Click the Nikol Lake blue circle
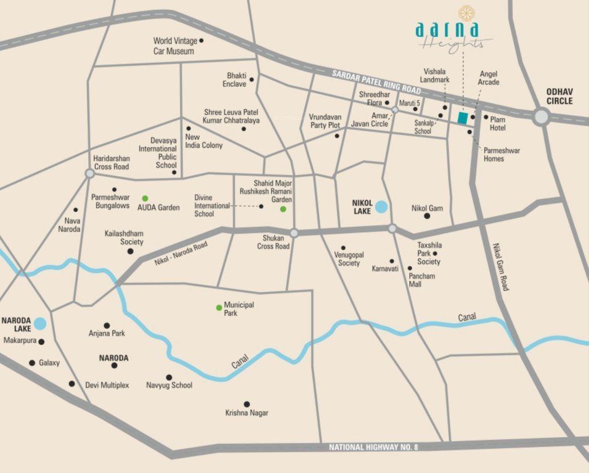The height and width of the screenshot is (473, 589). [382, 207]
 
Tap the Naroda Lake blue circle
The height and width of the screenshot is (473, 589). [40, 323]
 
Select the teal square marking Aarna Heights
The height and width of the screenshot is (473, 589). [462, 118]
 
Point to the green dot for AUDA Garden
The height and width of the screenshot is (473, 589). [145, 198]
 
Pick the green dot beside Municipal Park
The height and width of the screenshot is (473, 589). [218, 307]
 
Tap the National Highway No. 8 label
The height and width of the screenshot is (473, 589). [373, 447]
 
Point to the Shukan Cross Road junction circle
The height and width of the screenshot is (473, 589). [294, 233]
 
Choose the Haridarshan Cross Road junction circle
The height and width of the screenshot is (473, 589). [90, 174]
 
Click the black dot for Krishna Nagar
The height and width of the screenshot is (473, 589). [246, 403]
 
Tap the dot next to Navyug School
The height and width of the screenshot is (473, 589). [169, 377]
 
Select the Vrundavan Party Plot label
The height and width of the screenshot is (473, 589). [325, 121]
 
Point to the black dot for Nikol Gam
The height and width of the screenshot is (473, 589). [426, 216]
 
